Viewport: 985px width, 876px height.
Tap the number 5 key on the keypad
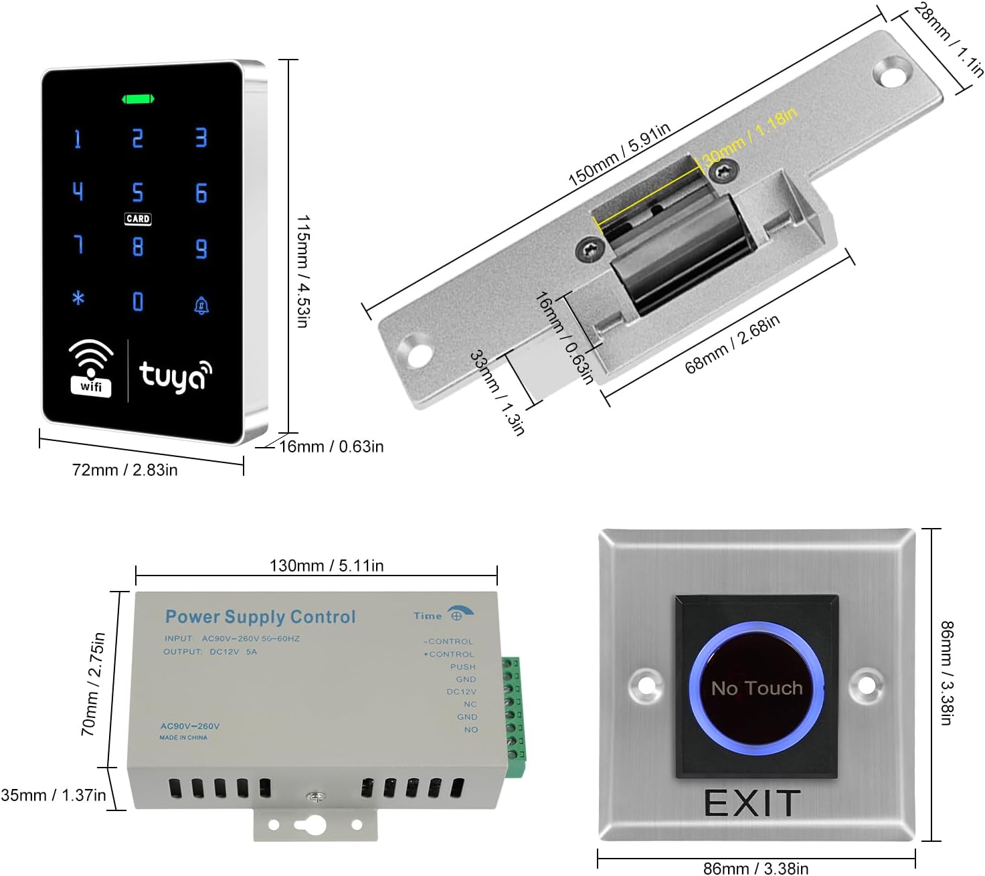(137, 193)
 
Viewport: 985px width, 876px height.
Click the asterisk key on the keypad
(78, 298)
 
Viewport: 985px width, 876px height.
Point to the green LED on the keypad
(138, 100)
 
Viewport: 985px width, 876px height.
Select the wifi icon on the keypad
(91, 367)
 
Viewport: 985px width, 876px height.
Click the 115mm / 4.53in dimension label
(302, 271)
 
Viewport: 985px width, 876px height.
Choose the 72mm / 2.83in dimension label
(125, 470)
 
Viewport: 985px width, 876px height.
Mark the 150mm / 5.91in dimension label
(619, 155)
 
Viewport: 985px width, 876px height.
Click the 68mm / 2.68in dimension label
(732, 344)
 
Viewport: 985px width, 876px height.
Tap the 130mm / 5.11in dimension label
(327, 565)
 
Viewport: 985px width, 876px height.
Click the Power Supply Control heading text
(260, 616)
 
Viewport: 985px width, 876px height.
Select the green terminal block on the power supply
(513, 710)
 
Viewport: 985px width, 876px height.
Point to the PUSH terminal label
(463, 667)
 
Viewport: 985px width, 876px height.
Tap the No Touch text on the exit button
(757, 688)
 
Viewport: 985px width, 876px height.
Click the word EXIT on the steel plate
(752, 803)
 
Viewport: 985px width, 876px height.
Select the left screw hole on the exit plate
(646, 685)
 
